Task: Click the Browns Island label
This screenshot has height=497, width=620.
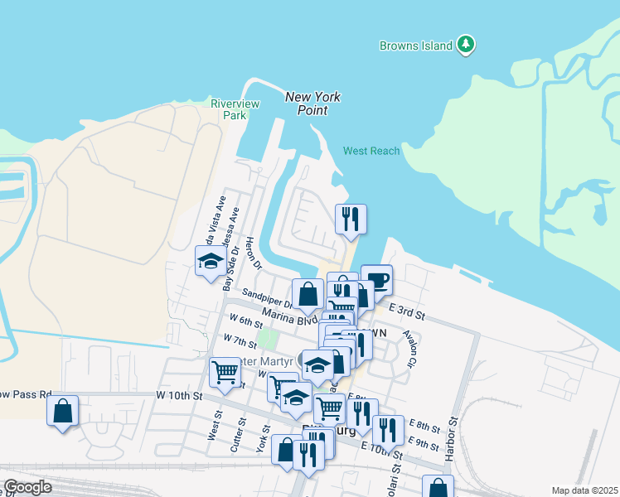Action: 416,46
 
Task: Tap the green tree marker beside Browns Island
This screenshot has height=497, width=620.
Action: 467,44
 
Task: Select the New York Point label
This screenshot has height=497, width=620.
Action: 312,104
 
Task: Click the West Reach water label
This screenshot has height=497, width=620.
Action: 371,151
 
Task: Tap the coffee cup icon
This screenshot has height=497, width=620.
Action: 376,280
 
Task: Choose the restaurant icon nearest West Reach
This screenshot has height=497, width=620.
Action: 351,220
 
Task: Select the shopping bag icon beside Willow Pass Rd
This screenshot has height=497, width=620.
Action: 63,411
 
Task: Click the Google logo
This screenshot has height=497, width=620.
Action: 27,487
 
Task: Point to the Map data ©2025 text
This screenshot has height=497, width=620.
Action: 584,490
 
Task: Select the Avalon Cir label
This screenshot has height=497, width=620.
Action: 409,349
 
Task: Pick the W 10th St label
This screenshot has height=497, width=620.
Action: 179,396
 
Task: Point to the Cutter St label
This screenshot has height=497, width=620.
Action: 241,434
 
